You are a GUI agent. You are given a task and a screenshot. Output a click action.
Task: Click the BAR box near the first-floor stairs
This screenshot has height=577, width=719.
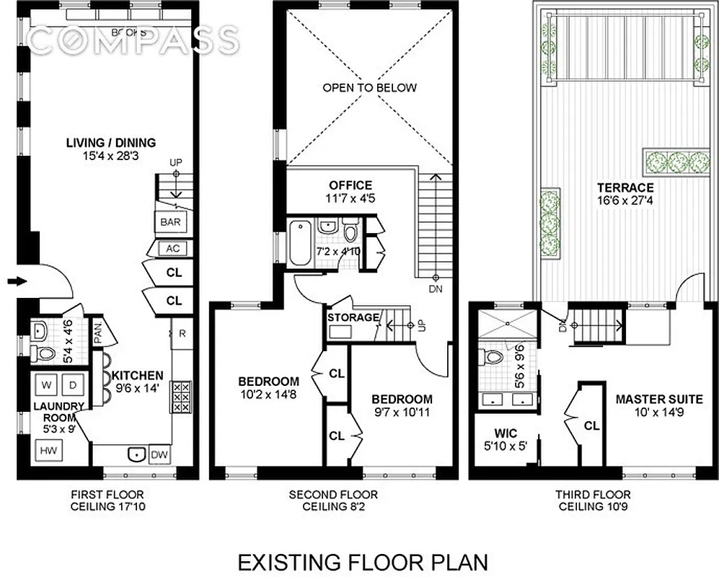170,222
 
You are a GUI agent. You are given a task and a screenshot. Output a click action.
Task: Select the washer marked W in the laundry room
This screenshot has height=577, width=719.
46,384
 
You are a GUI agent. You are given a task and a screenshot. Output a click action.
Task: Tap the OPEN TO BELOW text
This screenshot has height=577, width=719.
369,88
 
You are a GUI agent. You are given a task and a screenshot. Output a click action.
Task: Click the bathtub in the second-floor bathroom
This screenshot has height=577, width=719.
299,243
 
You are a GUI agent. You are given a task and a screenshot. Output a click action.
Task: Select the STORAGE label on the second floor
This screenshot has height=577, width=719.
353,317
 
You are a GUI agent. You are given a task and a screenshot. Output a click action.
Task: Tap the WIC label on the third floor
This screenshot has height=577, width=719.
500,434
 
